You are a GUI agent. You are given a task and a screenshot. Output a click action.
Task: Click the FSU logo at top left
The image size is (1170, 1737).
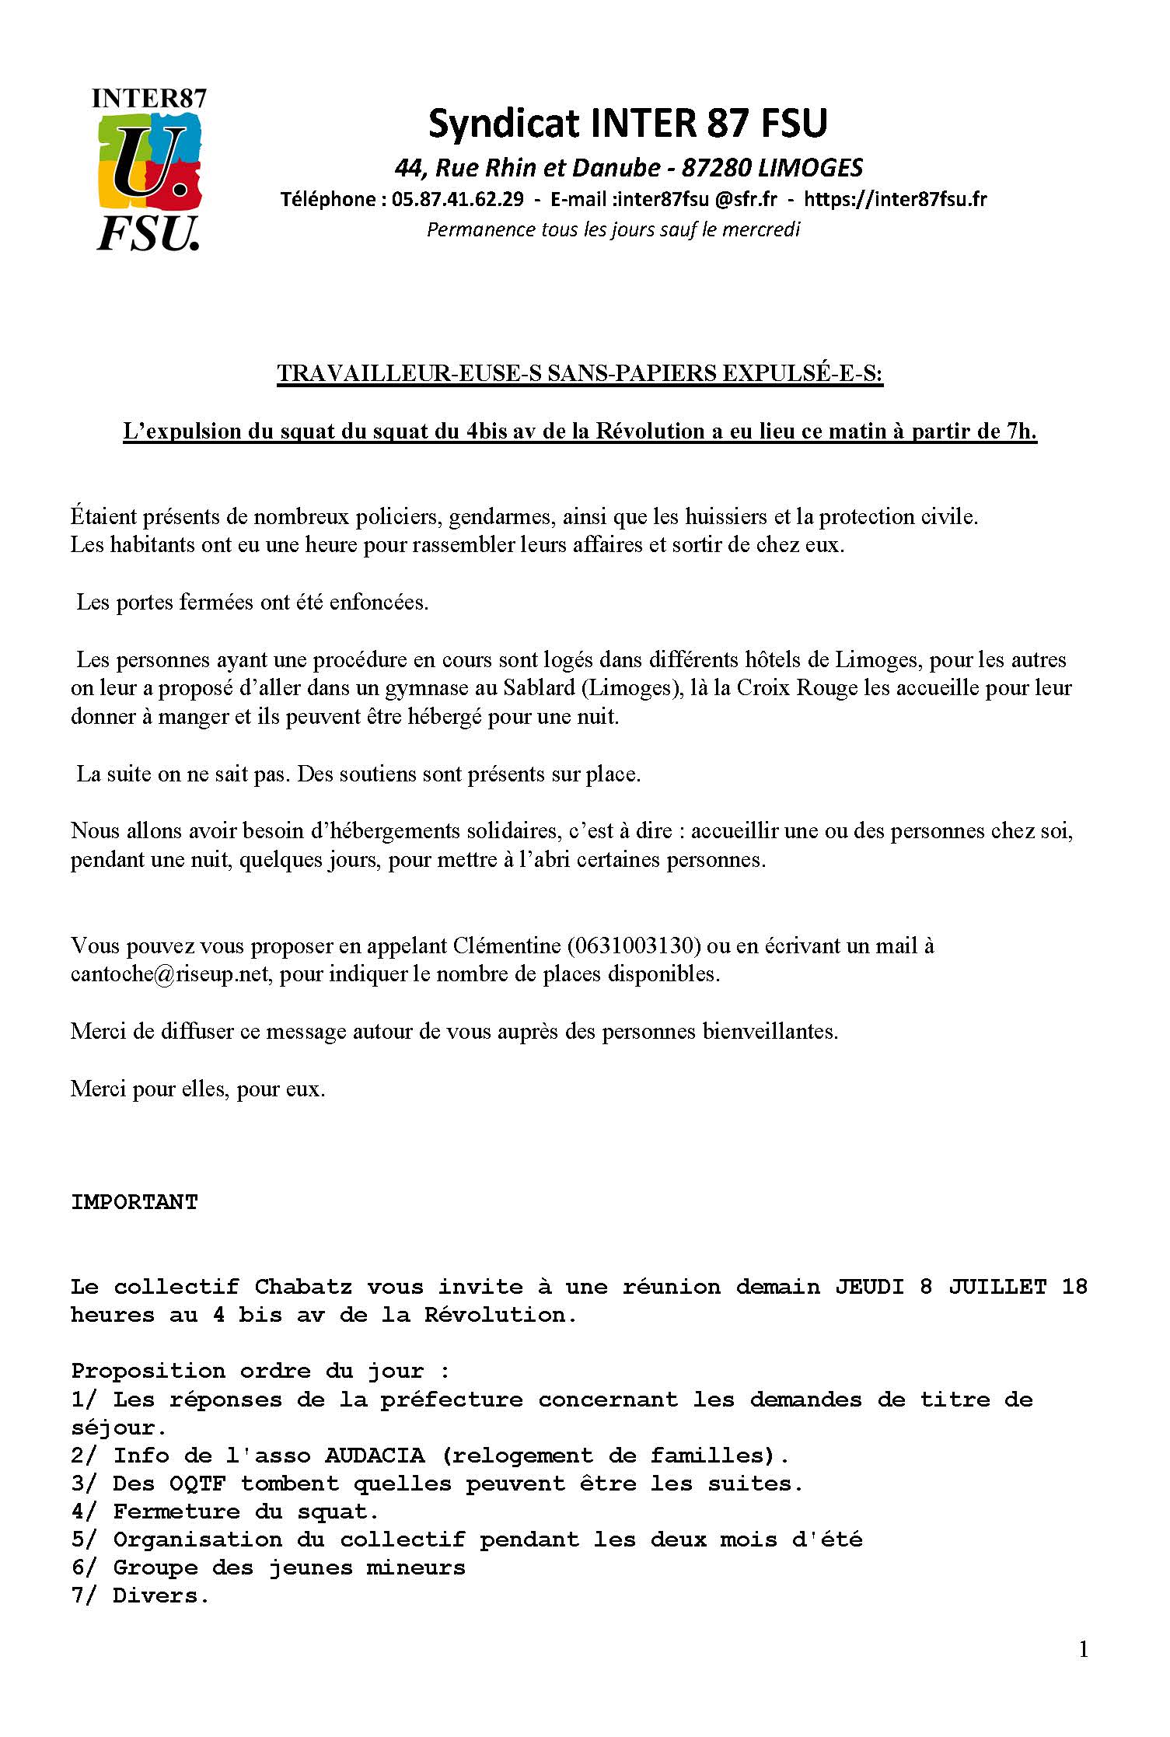149,170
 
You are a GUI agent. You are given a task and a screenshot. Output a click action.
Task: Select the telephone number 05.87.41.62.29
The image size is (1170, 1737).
457,200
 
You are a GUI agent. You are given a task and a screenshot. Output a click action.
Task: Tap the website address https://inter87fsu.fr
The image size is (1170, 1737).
895,200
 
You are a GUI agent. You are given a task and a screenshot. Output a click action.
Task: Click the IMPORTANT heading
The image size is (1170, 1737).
134,1203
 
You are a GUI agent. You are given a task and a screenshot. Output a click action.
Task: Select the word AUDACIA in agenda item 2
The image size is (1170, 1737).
375,1456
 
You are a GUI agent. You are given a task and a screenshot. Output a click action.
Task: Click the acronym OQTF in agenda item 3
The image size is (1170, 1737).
197,1484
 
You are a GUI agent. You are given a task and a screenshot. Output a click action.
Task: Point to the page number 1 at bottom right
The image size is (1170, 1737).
1084,1649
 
